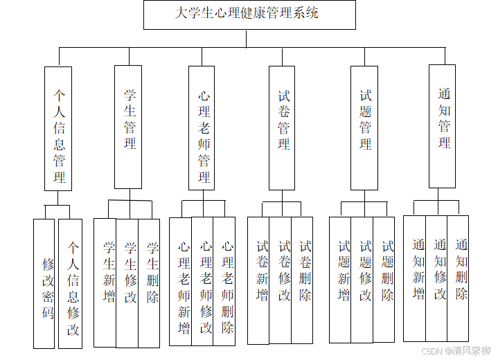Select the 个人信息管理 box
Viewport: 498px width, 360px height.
pos(58,128)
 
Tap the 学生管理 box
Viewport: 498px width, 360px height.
pos(128,127)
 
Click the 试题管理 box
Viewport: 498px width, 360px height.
pos(364,127)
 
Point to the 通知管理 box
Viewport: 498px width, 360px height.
pos(443,126)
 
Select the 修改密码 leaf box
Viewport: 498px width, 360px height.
pos(44,284)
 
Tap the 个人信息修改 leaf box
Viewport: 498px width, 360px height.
pos(71,284)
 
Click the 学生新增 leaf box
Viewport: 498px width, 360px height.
pos(105,282)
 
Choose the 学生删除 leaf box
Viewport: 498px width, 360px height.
pos(150,282)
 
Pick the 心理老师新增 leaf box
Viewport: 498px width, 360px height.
pos(181,282)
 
